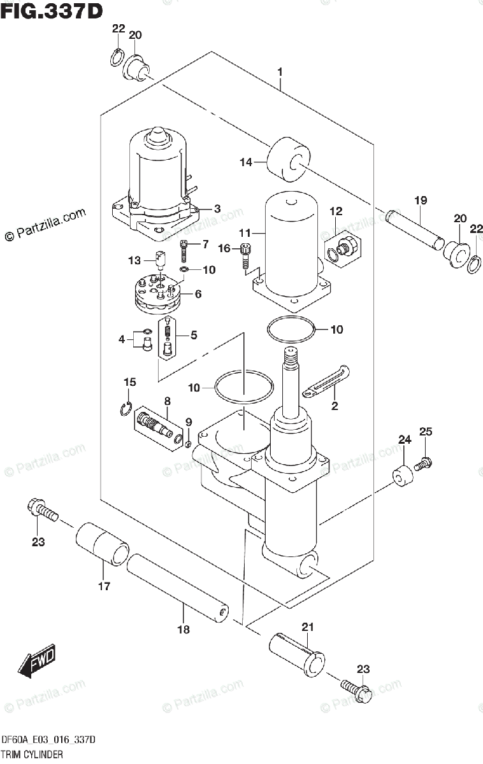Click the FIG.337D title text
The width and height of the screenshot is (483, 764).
[x=52, y=11]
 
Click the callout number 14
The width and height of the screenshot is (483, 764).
[x=246, y=162]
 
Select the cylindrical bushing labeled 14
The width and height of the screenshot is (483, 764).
[x=288, y=159]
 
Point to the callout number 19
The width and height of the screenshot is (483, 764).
[x=421, y=200]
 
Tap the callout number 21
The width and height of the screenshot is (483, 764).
[x=307, y=627]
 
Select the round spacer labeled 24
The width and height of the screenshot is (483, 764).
[x=403, y=476]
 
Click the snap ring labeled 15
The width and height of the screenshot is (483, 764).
[x=126, y=409]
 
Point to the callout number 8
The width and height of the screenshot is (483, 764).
[x=167, y=401]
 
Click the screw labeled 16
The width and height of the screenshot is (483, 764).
[x=245, y=257]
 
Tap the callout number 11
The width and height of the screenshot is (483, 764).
[x=245, y=233]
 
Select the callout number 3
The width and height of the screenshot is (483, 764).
[x=217, y=209]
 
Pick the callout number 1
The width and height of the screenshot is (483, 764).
[x=280, y=73]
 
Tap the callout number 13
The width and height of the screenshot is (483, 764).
[x=134, y=260]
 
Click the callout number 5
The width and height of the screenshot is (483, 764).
[x=194, y=335]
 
